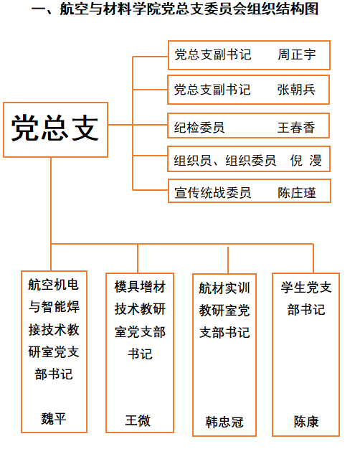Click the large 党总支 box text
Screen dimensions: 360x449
click(x=55, y=128)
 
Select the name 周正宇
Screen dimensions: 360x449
click(x=297, y=55)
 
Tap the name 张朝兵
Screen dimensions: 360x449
click(x=296, y=90)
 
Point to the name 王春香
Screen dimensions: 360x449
click(x=296, y=128)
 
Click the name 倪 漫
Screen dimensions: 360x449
click(x=306, y=160)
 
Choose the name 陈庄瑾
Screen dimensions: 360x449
click(x=297, y=193)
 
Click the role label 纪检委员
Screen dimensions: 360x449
click(x=199, y=128)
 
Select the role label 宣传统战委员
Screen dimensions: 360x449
click(x=213, y=193)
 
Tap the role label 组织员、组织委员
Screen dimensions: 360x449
click(x=225, y=160)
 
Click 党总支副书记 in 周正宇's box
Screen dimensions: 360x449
click(x=213, y=55)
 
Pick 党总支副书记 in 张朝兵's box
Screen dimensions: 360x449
click(x=212, y=90)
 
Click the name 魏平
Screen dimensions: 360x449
click(x=54, y=419)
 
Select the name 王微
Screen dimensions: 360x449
click(x=138, y=420)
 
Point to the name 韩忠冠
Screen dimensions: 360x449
click(x=224, y=422)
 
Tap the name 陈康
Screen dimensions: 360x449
click(x=306, y=422)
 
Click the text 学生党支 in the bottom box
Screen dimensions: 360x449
click(x=306, y=287)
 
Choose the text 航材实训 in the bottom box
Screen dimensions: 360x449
click(x=224, y=288)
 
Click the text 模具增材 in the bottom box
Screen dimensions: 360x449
click(x=140, y=287)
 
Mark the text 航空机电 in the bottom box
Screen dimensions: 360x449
click(x=54, y=285)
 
